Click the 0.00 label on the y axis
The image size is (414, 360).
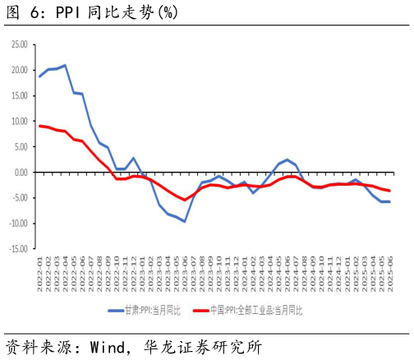[x=20, y=172]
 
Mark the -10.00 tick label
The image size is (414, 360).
[x=16, y=223]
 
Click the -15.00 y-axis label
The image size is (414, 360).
[x=16, y=248]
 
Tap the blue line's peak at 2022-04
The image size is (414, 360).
[x=65, y=65]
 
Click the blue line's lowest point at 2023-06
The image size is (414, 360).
[x=185, y=221]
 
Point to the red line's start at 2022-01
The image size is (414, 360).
[x=39, y=126]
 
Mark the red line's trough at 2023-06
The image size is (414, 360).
[x=185, y=200]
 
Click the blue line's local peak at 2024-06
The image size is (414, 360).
[x=287, y=159]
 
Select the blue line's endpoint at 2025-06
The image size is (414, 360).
[x=389, y=201]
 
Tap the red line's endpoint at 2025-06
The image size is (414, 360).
[x=389, y=191]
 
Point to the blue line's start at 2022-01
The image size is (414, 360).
[x=39, y=76]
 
